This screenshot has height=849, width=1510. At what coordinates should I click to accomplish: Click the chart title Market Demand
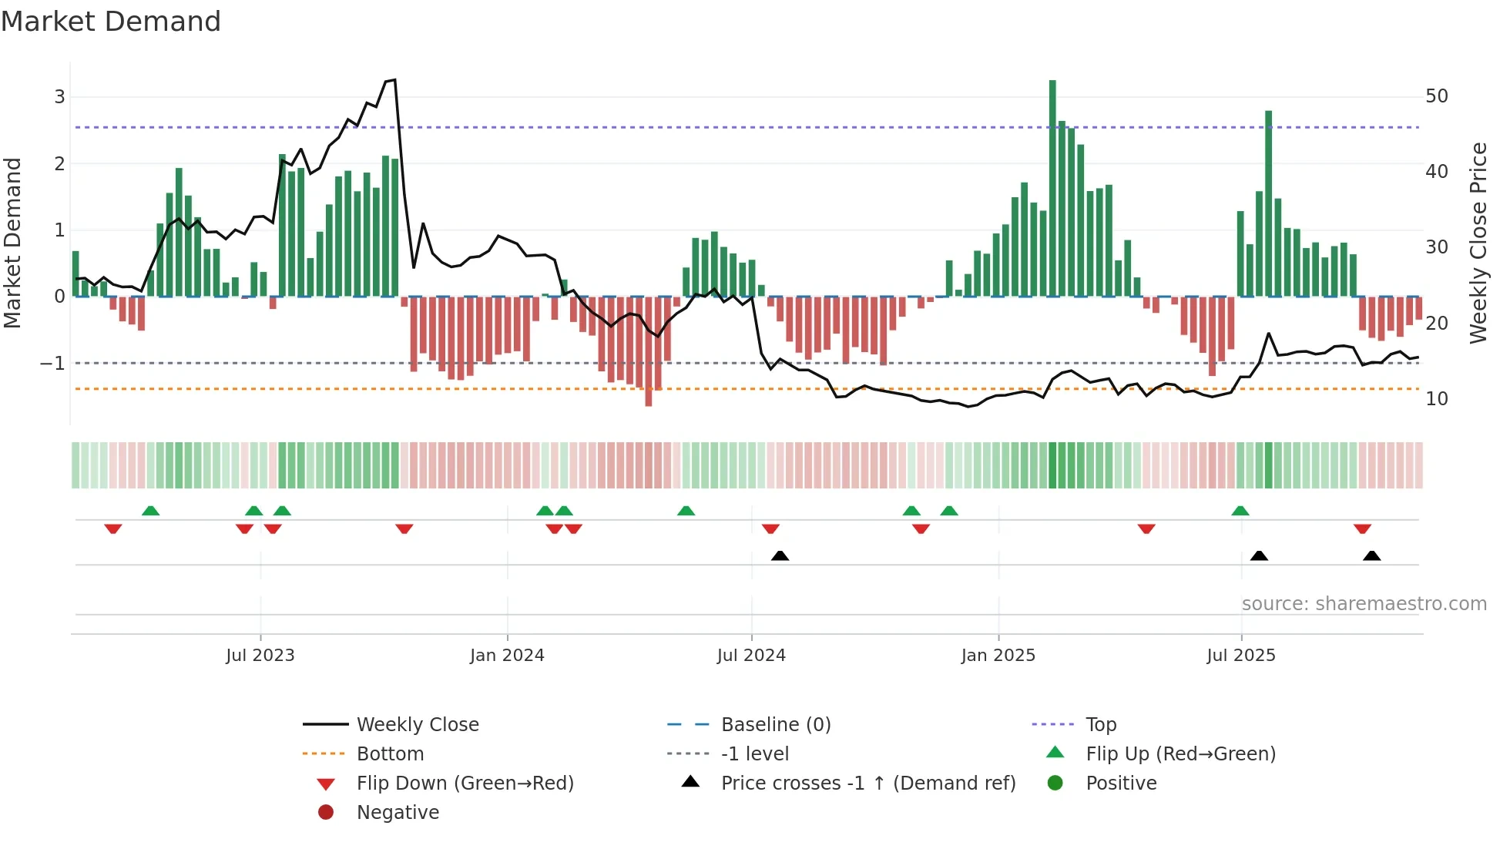pos(111,22)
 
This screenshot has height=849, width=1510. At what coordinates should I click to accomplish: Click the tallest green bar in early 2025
pos(1052,185)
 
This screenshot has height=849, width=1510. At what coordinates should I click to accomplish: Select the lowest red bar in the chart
pos(649,351)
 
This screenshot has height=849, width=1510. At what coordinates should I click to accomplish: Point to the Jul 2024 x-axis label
pos(751,656)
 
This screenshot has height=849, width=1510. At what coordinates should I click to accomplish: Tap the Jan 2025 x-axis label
pos(998,656)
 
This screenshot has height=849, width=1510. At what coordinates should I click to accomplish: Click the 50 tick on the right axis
pos(1437,96)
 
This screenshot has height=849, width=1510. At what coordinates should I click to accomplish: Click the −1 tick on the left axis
pos(52,363)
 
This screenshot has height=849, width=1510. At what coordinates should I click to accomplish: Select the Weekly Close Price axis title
pos(1478,243)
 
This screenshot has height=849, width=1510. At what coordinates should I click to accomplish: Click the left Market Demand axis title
pos(12,243)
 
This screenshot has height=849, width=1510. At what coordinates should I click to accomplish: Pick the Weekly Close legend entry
pos(418,724)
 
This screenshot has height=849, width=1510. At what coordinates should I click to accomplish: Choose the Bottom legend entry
pos(390,753)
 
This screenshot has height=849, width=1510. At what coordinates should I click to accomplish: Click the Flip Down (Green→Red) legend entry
pos(465,783)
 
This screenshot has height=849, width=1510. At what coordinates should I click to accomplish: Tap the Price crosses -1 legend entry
pos(868,783)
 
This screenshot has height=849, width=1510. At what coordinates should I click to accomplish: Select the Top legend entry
pos(1101,724)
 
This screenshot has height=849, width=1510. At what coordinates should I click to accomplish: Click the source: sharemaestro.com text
pos(1364,604)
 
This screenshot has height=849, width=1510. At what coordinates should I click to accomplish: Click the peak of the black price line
pos(394,80)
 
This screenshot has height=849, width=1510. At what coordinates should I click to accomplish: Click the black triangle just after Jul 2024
pos(780,555)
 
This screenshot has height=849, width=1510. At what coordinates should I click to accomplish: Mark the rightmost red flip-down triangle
pos(1362,529)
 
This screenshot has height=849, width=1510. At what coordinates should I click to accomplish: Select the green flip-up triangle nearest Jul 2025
pos(1240,511)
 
